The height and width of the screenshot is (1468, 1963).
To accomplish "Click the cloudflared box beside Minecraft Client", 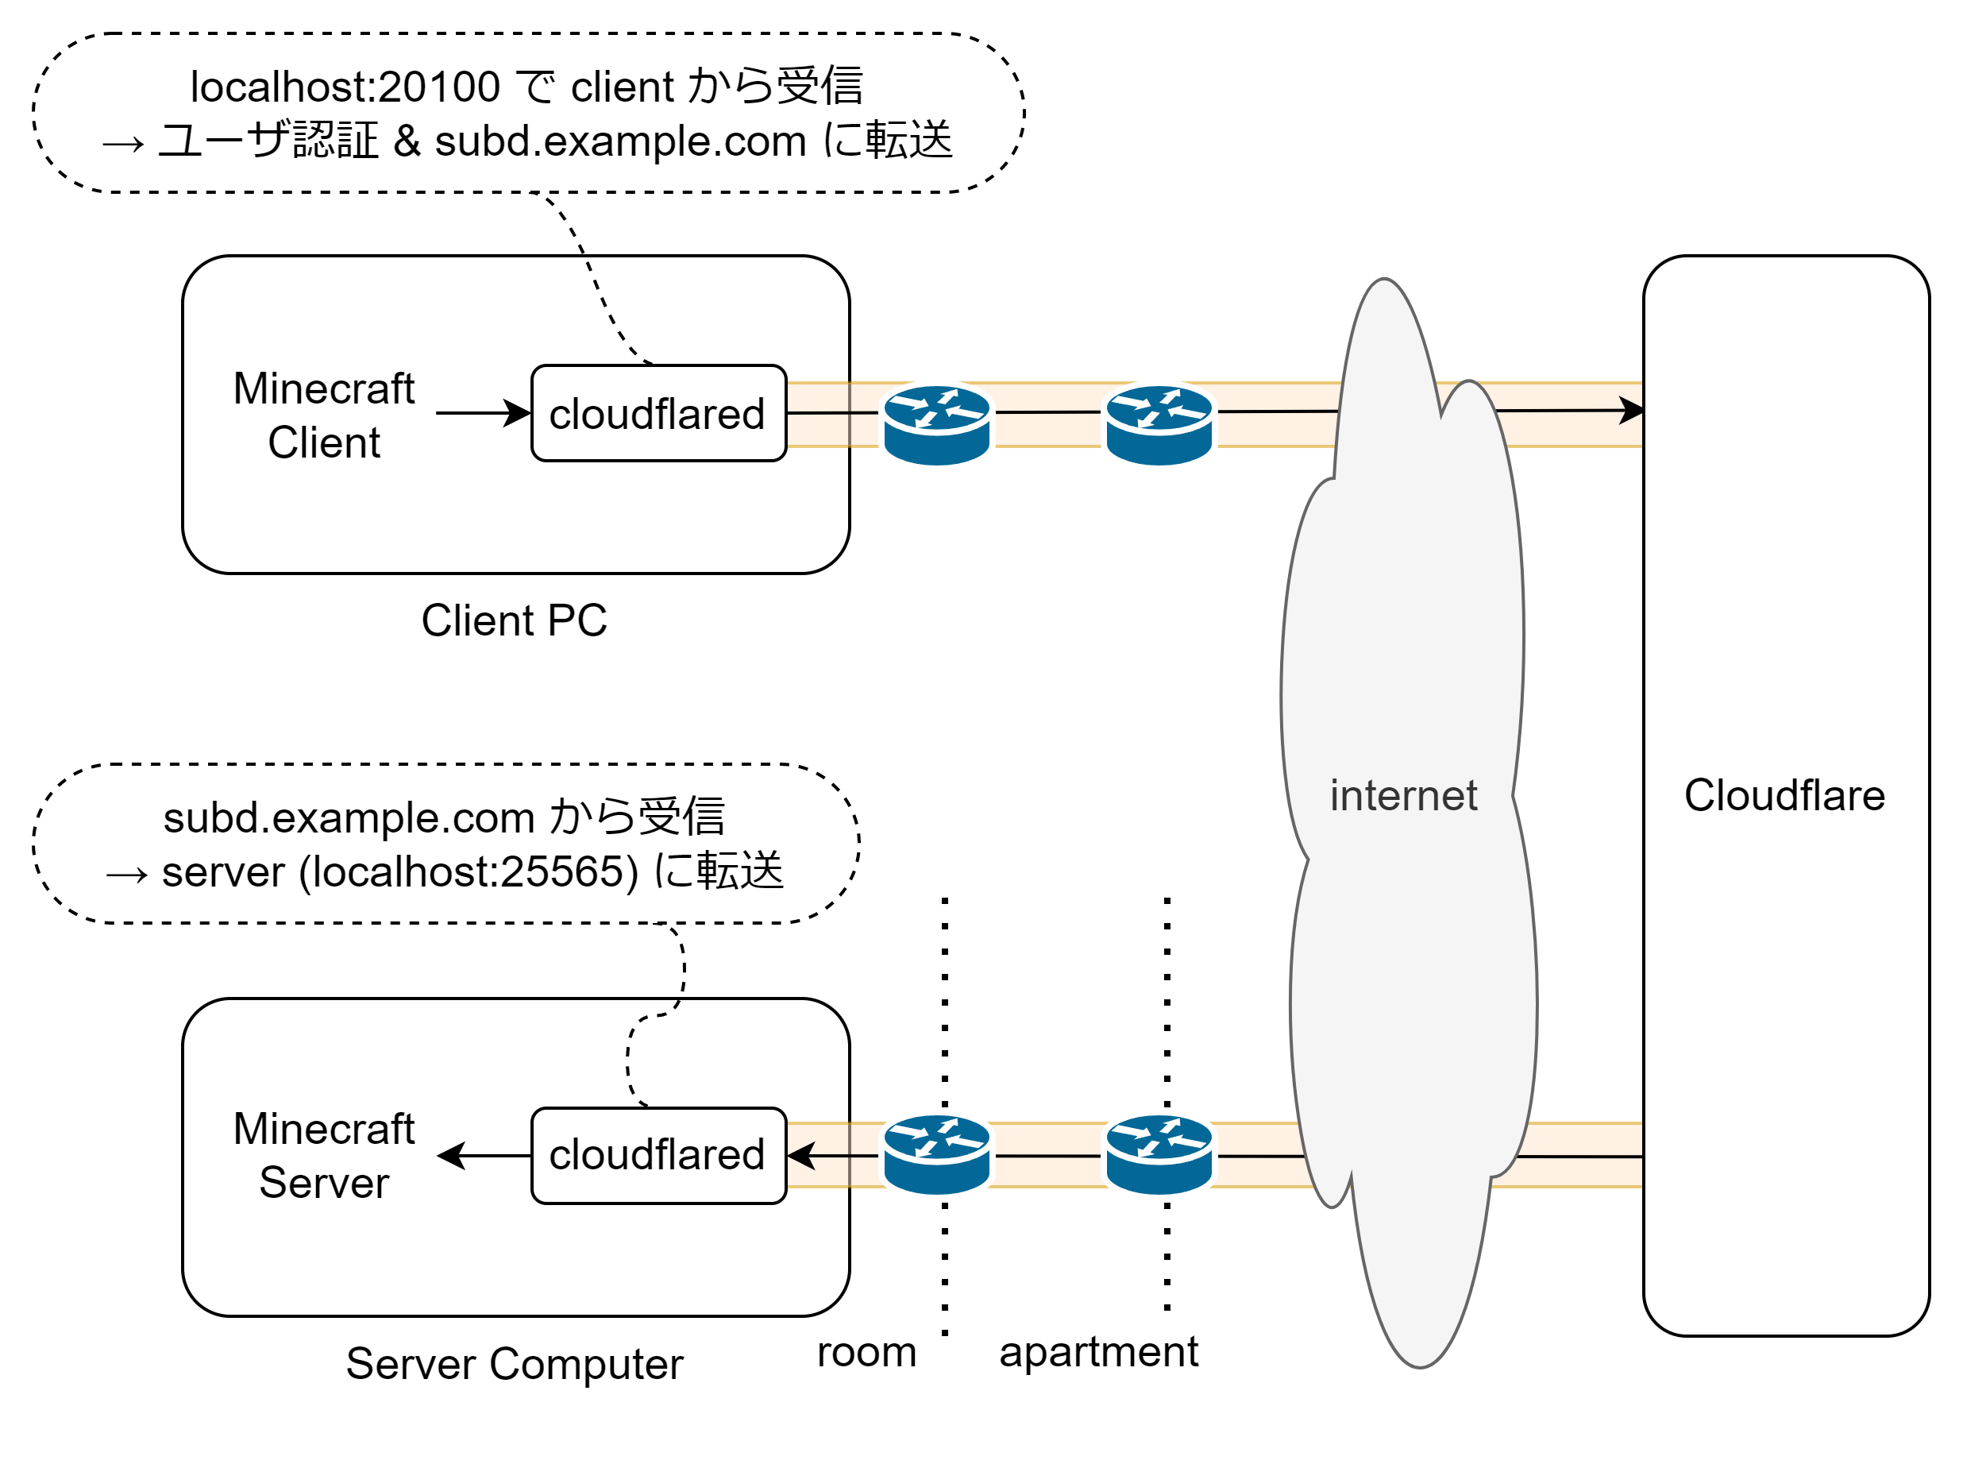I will click(x=658, y=414).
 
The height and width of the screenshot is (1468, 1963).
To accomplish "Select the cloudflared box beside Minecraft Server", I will click(x=658, y=1155).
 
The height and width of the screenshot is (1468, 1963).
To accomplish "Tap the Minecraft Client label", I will click(x=324, y=415).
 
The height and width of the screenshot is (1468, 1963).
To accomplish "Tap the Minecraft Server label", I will click(x=324, y=1156).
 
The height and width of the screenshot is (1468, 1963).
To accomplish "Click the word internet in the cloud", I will click(x=1403, y=795).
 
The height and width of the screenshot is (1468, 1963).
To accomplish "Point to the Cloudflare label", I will click(x=1784, y=795).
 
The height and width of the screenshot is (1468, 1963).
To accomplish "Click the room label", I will click(x=866, y=1352).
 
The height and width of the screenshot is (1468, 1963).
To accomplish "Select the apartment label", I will click(x=1099, y=1352).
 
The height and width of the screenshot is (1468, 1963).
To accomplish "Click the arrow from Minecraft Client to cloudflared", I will click(x=483, y=413).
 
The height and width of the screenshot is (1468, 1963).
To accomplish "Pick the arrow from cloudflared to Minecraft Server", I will click(x=484, y=1155).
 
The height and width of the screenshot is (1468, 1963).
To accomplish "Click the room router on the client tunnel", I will click(x=937, y=425).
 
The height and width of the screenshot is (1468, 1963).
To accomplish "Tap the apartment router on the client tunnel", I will click(x=1159, y=425).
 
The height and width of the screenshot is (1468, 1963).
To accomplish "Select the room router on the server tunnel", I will click(x=937, y=1153).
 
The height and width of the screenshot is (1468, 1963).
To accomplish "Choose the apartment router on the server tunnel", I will click(x=1159, y=1153).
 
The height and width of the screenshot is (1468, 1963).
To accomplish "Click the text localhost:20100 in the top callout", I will click(x=345, y=87).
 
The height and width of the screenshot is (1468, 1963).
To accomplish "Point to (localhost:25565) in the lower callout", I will click(x=469, y=871).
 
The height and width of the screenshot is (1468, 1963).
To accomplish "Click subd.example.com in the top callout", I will click(x=620, y=141).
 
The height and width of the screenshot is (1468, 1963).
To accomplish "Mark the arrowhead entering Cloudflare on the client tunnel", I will click(x=1631, y=410).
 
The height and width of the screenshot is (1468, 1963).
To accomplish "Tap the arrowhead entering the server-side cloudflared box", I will click(x=800, y=1155).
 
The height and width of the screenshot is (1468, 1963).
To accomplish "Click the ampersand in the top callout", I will click(x=407, y=141).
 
